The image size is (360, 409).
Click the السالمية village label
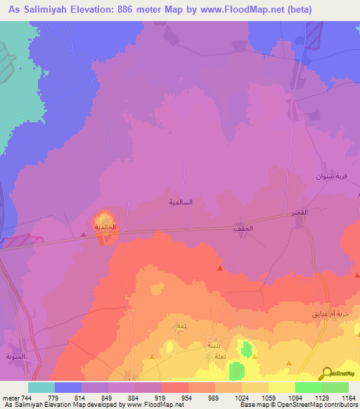181,202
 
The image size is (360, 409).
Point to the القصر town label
300,212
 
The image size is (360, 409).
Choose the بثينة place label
213,346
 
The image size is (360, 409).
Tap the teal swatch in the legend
41,387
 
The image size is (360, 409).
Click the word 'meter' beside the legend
10,398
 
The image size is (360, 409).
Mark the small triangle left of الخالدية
84,236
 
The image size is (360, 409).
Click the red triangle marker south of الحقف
220,268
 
